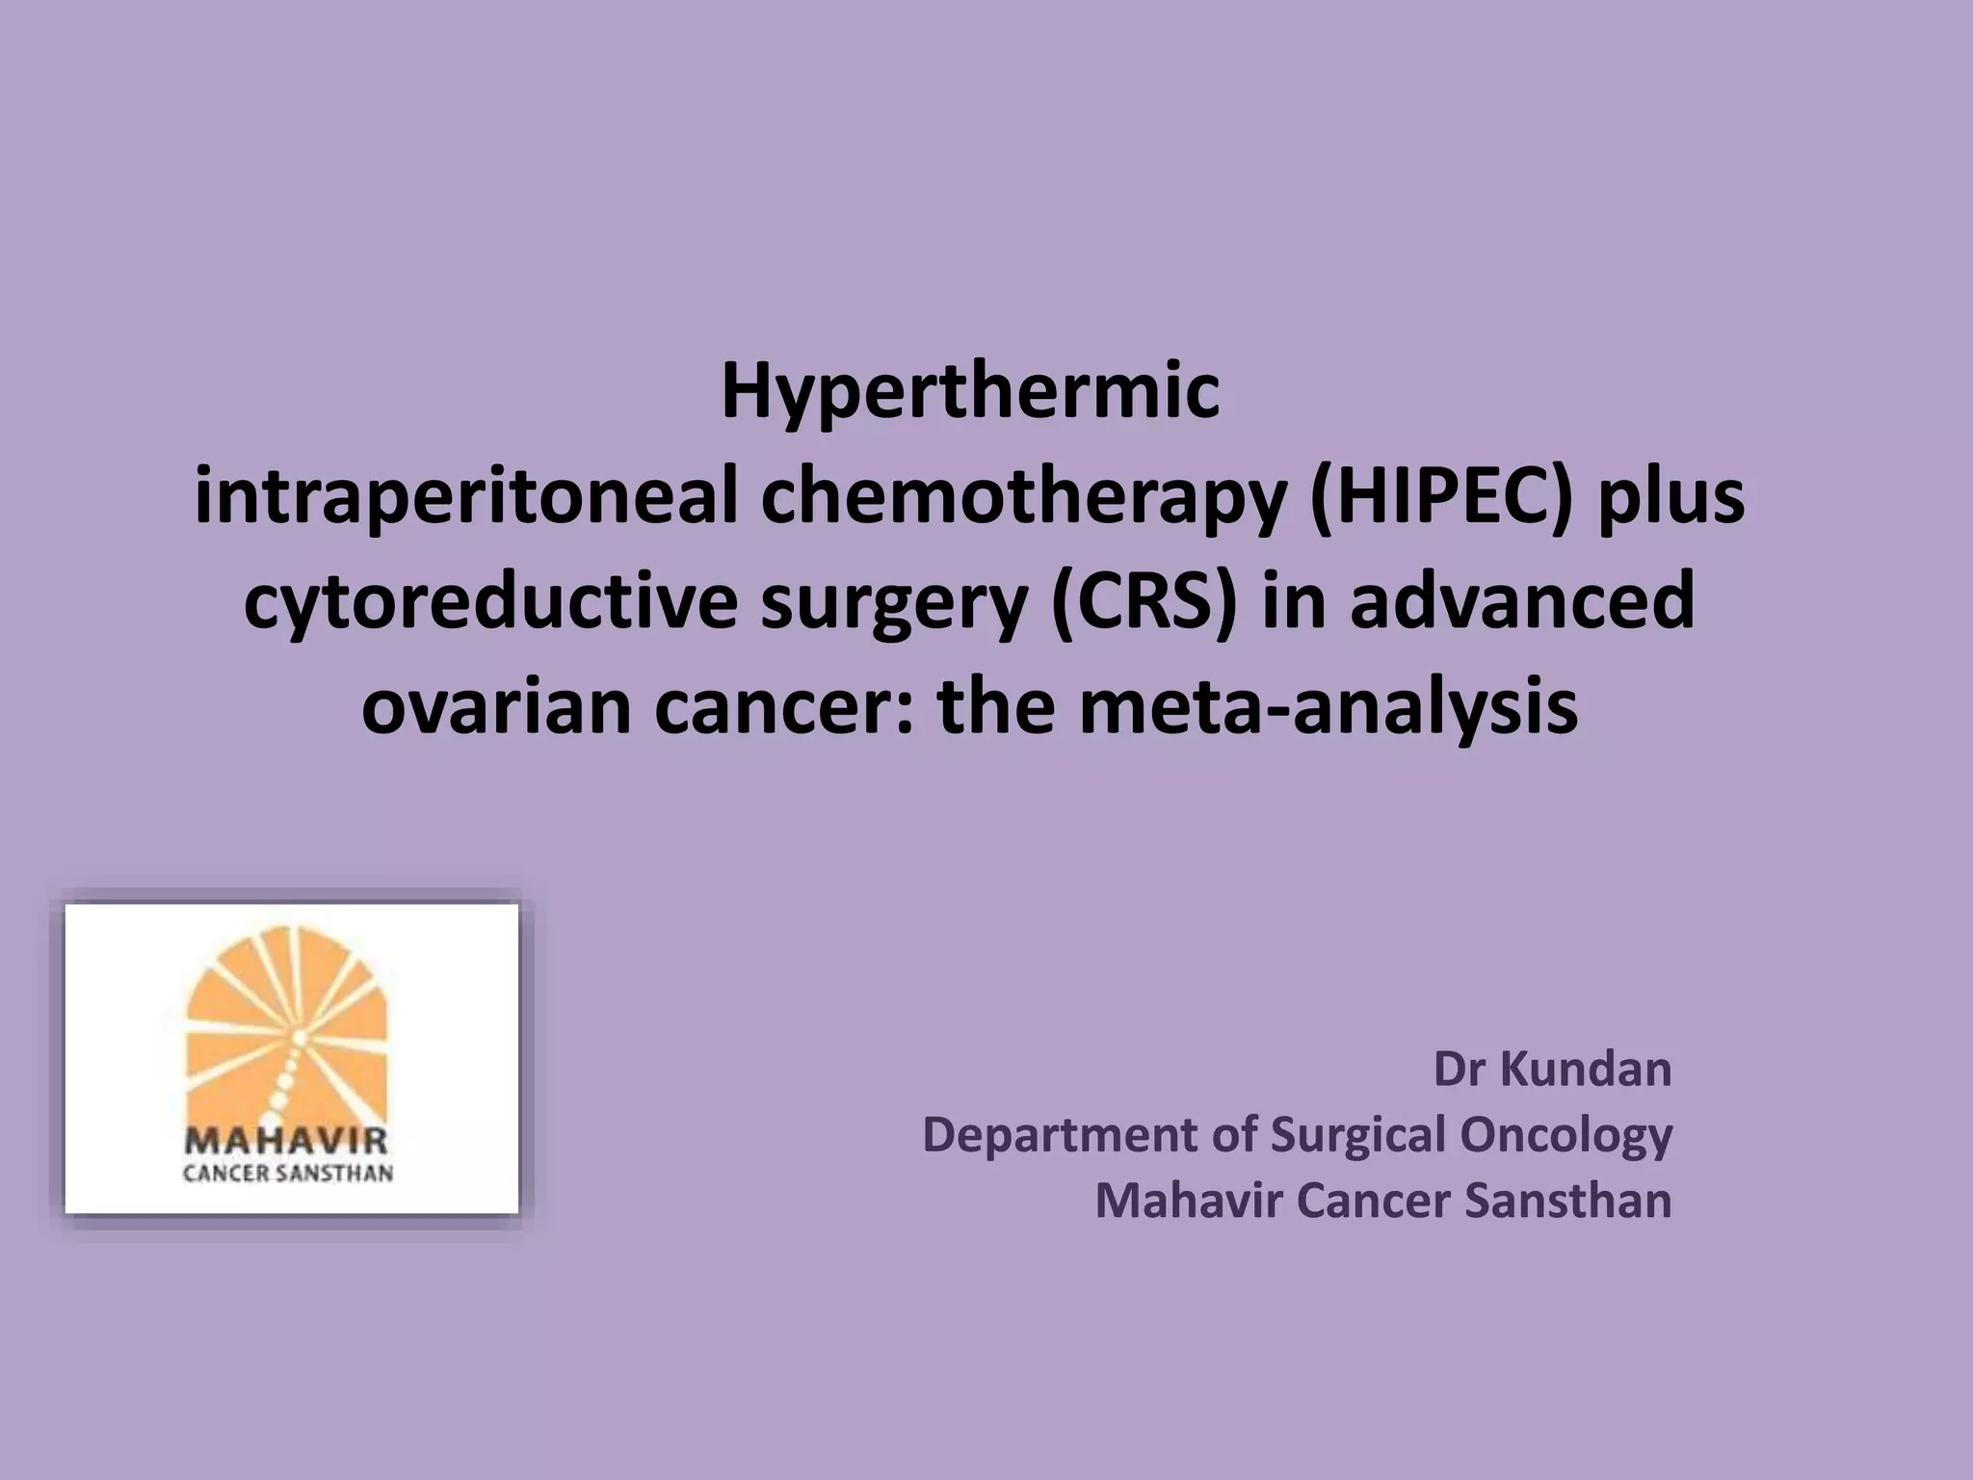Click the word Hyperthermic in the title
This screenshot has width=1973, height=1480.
970,392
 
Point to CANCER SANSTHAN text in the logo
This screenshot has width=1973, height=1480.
288,1174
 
